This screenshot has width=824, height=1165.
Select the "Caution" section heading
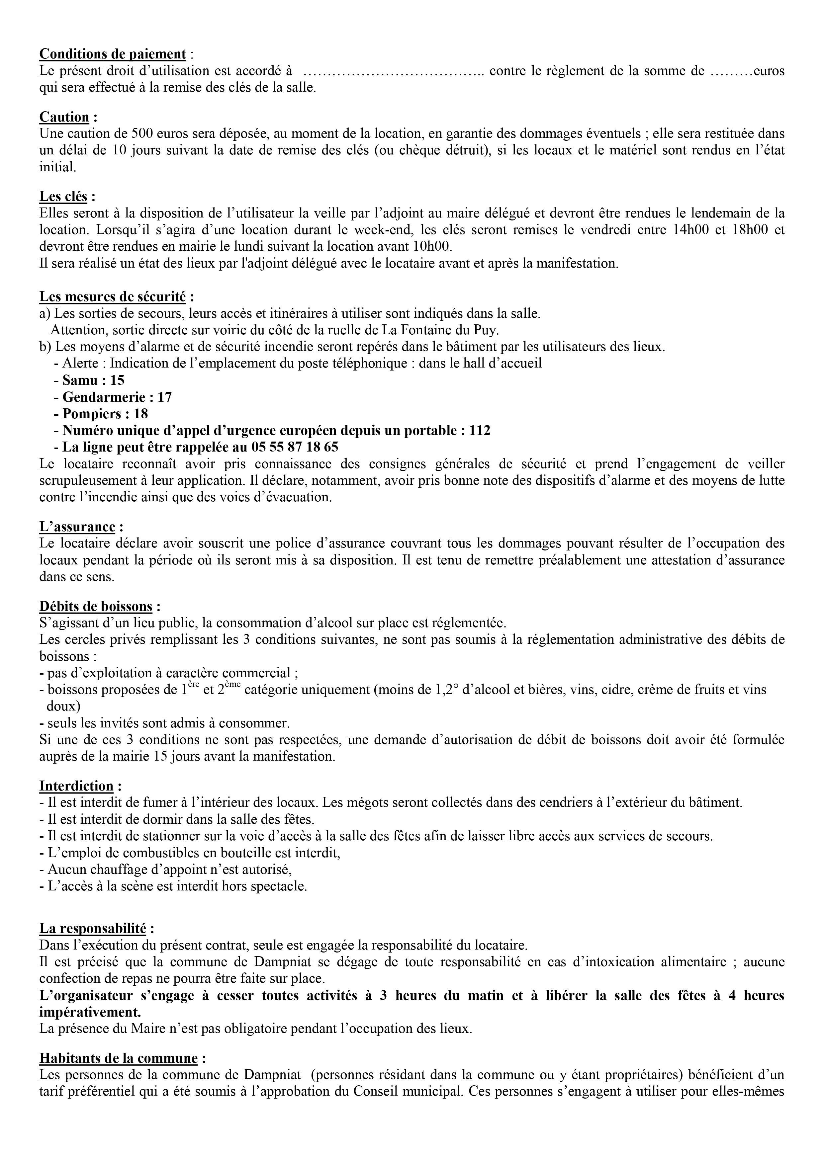point(64,117)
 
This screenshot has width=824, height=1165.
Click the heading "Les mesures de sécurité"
point(113,296)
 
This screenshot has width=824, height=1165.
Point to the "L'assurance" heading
point(78,527)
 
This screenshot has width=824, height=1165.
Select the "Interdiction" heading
point(77,786)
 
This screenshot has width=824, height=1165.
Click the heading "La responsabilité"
point(93,929)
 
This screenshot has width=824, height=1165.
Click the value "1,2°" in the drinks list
point(433,690)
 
